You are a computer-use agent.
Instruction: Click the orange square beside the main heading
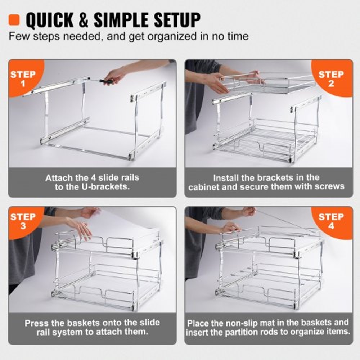point(14,19)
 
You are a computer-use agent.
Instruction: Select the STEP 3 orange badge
point(23,221)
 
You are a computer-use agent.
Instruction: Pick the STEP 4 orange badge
point(331,221)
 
